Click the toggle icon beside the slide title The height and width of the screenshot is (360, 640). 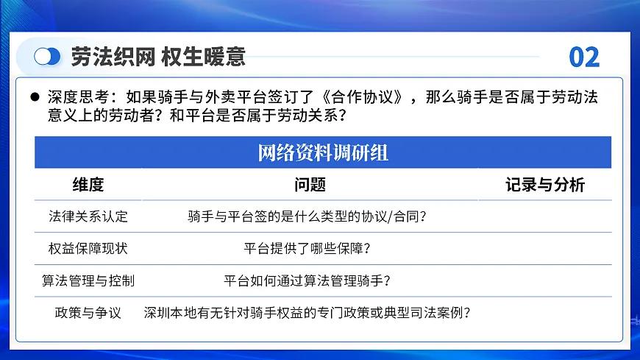[x=48, y=57]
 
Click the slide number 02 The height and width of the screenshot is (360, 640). [x=585, y=57]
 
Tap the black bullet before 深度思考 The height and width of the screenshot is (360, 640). [x=35, y=97]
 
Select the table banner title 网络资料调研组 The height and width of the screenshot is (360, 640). [x=323, y=153]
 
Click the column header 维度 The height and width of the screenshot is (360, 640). [x=88, y=185]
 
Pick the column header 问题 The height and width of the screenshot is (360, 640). [x=310, y=185]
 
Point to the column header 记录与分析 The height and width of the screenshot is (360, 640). [x=545, y=185]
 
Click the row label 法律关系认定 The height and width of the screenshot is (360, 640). [x=88, y=216]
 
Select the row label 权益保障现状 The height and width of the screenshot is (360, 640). [x=88, y=248]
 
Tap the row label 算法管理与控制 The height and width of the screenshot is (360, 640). [x=88, y=280]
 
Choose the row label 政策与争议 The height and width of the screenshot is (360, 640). [x=88, y=312]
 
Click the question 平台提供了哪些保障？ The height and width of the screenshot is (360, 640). [x=307, y=248]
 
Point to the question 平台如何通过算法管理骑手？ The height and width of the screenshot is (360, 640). [x=307, y=280]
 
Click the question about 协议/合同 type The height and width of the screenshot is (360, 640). [x=307, y=216]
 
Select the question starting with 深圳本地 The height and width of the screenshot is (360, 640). [x=307, y=312]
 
